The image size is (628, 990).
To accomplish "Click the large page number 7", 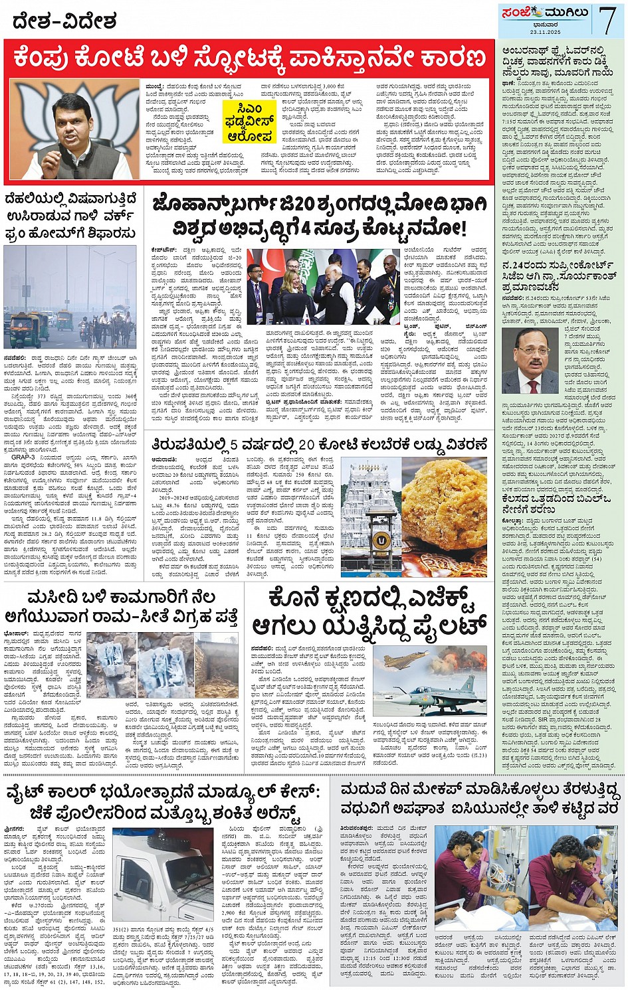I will click(x=607, y=19).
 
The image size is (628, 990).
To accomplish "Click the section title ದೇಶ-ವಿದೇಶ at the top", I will click(x=64, y=23).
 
